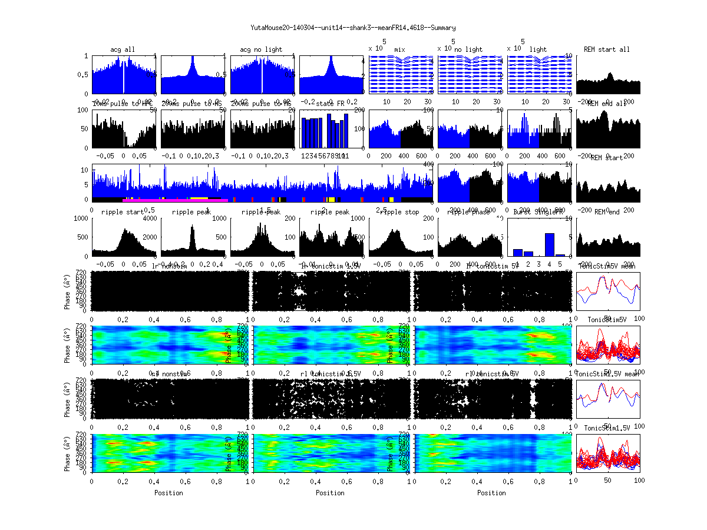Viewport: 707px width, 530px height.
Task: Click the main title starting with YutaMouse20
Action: point(353,28)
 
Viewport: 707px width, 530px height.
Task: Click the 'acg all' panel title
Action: point(123,49)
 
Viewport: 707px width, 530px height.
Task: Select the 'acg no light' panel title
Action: point(261,49)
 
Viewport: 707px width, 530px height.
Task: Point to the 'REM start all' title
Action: point(607,49)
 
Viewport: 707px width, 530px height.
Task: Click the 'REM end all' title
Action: point(607,104)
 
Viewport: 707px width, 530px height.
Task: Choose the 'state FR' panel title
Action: point(331,104)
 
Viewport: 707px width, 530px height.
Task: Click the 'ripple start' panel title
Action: point(123,212)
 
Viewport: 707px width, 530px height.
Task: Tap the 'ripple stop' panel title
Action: point(399,212)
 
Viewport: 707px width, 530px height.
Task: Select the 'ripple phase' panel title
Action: point(469,212)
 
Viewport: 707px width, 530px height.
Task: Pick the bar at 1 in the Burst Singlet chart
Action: point(518,252)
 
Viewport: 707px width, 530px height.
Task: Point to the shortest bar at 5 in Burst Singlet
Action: point(560,255)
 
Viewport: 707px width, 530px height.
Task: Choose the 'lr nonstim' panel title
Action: point(169,266)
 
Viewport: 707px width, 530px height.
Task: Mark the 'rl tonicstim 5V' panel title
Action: point(492,374)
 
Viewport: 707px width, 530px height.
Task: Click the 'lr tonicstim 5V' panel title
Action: point(492,266)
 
